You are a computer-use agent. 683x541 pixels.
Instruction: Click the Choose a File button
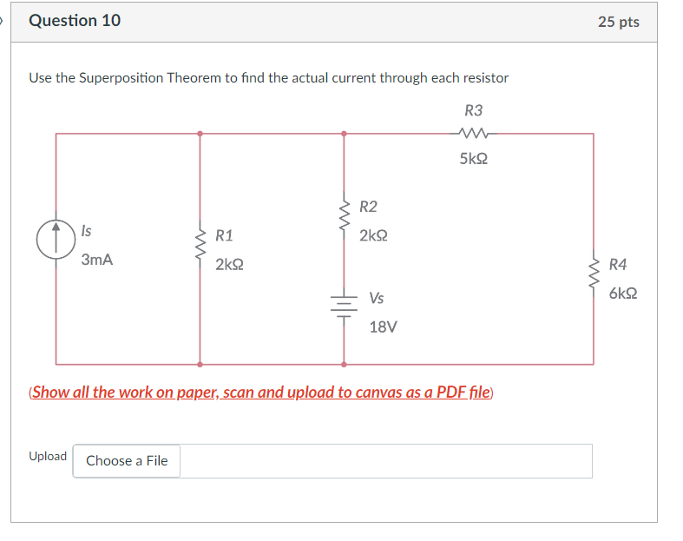coord(127,461)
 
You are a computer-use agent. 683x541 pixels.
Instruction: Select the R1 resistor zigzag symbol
coord(200,249)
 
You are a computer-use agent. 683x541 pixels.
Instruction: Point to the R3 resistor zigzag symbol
coord(473,134)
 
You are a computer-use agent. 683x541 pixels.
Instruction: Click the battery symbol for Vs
coord(345,305)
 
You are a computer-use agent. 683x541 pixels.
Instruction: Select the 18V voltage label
coord(383,327)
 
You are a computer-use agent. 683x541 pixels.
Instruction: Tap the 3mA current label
coord(97,260)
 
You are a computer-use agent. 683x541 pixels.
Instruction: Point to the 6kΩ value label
coord(623,294)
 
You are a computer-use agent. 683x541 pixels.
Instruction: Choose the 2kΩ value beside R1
coord(229,264)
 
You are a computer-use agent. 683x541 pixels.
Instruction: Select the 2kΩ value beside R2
coord(373,235)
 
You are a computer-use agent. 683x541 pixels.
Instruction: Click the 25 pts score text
coord(618,22)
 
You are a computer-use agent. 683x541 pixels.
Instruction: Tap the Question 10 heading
coord(75,21)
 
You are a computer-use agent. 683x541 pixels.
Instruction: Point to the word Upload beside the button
coord(48,457)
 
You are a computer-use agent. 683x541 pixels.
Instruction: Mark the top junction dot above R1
coord(200,134)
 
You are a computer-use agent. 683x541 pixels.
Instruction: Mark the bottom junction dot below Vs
coord(345,364)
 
